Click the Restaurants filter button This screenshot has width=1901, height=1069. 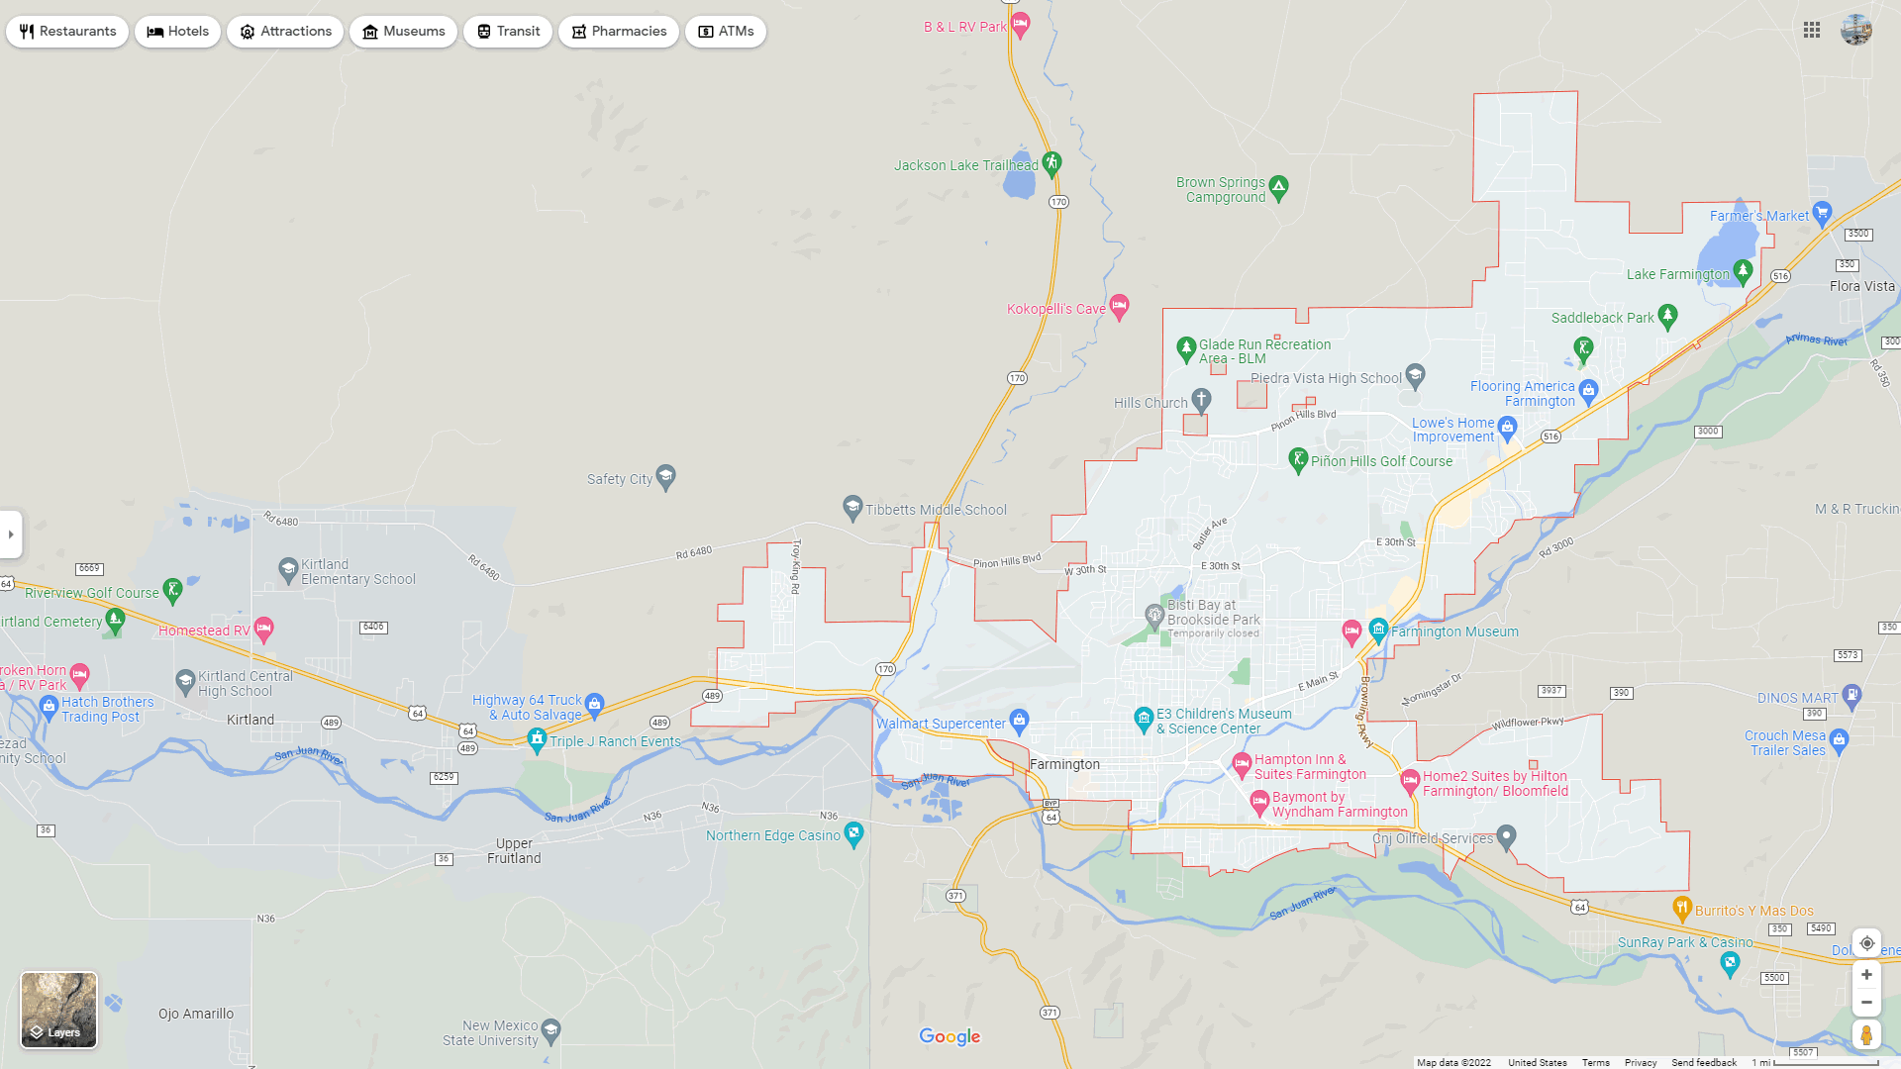[67, 32]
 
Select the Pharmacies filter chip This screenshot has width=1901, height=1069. [618, 32]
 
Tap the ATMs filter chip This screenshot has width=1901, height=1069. [725, 32]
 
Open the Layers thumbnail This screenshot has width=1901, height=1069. [59, 1010]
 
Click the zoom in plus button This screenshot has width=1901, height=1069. [1866, 975]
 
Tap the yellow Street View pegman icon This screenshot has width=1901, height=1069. [1866, 1035]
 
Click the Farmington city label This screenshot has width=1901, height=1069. [1064, 765]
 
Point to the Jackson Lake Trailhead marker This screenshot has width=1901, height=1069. [1051, 162]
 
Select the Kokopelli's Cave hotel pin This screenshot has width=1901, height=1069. [1119, 306]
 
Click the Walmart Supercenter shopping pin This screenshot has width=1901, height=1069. [1019, 720]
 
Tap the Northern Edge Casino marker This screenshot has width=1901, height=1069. [853, 832]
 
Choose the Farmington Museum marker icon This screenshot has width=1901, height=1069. [1378, 629]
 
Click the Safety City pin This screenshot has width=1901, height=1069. [665, 476]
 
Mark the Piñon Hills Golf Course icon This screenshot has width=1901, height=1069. [1298, 458]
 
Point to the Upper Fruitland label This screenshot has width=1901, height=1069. [514, 851]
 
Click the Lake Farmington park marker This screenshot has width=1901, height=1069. [1743, 271]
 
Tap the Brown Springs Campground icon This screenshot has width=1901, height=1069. [1278, 186]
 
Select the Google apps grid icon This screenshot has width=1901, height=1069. [1812, 31]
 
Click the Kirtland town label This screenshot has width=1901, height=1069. [250, 720]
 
